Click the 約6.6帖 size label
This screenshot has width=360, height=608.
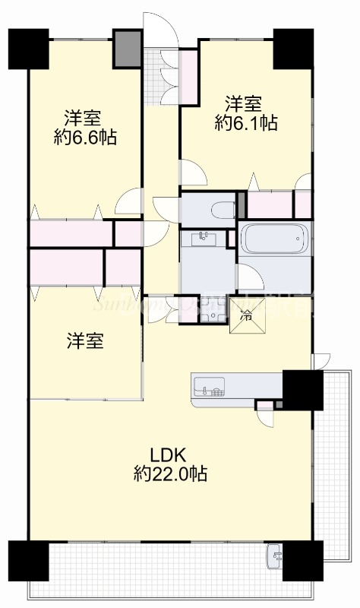(84, 138)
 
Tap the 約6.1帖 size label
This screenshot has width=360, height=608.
(245, 123)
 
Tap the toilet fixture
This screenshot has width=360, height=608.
(222, 209)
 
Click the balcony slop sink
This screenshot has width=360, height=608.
(275, 558)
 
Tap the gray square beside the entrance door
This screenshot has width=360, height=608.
(127, 48)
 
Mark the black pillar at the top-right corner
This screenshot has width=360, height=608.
(293, 48)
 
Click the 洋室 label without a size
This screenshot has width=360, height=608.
(84, 341)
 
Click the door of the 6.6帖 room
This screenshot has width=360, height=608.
(129, 201)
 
